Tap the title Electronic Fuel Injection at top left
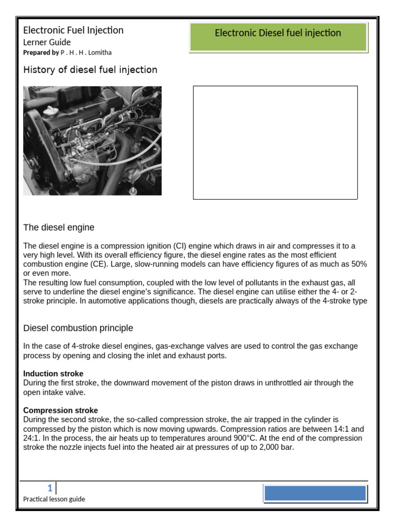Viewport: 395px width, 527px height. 74,30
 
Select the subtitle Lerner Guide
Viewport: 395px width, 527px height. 47,42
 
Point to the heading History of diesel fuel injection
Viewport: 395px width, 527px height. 91,69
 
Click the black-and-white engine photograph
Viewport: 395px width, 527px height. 93,140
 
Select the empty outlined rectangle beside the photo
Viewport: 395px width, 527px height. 275,143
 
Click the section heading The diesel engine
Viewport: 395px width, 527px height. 59,227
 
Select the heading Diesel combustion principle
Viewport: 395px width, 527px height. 78,328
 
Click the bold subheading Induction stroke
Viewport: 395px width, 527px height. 53,374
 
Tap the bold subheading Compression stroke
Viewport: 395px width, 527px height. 61,411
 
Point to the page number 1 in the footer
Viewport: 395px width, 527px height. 50,487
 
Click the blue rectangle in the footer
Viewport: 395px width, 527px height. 315,494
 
